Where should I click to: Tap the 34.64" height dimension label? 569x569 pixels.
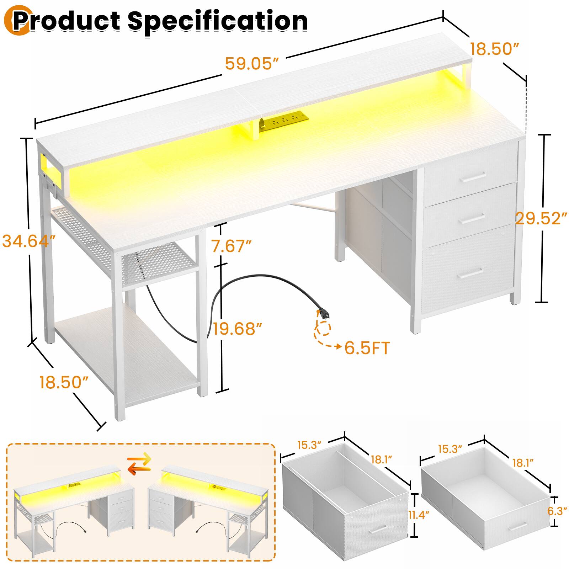29,241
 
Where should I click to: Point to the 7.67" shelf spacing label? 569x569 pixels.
232,246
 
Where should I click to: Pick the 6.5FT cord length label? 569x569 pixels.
367,348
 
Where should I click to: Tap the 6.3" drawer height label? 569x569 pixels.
557,511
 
